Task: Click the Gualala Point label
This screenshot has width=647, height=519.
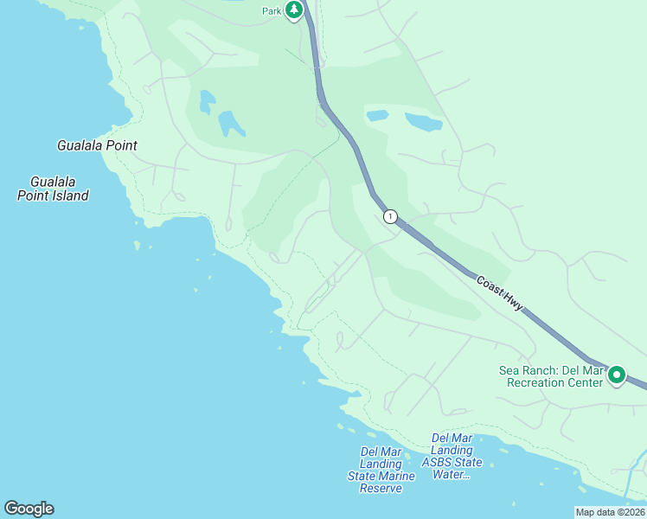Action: pos(97,145)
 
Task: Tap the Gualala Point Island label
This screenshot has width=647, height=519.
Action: pos(53,189)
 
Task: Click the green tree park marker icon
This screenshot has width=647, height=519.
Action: pos(295,10)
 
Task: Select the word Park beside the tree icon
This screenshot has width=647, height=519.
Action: pos(273,11)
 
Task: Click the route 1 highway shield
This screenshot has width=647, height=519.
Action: pos(391,216)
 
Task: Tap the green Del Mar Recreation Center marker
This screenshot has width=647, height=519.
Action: pos(617,375)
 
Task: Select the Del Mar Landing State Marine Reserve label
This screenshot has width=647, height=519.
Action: pos(381,470)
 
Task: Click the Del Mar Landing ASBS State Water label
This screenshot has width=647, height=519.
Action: pos(452,456)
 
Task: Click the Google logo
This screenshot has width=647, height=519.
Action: pos(29,509)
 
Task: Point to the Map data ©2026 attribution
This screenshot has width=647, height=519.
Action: pos(610,512)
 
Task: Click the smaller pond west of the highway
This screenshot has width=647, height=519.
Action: pos(207,102)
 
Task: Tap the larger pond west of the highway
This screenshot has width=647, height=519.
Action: pos(231,125)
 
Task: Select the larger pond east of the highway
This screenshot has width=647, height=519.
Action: pos(423,122)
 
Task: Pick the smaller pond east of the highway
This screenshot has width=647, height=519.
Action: pos(377,115)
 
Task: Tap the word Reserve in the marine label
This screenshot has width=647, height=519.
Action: pos(381,489)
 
